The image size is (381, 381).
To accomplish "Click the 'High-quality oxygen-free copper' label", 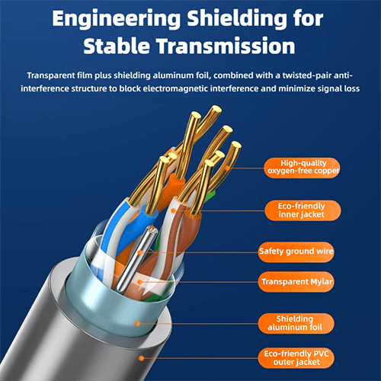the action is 303,168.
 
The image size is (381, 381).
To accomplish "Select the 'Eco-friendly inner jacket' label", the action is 303,210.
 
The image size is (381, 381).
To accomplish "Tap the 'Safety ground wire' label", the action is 296,251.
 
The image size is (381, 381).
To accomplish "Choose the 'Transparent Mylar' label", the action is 296,282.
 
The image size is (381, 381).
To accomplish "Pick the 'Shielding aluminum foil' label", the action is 296,323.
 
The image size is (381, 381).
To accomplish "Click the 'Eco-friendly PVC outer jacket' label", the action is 296,358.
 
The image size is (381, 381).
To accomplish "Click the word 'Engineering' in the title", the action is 117,20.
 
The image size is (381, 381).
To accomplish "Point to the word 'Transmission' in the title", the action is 226,46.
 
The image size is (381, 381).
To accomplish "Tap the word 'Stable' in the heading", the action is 117,46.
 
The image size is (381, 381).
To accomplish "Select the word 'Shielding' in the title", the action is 238,19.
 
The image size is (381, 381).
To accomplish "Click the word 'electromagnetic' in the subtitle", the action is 176,88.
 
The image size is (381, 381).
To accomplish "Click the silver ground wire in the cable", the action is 135,259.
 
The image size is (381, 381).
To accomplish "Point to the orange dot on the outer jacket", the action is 141,358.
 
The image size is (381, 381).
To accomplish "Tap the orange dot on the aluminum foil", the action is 137,324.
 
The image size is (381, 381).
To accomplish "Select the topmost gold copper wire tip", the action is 216,110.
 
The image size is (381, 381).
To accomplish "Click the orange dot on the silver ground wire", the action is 139,252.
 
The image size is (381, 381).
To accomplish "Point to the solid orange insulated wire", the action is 173,188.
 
